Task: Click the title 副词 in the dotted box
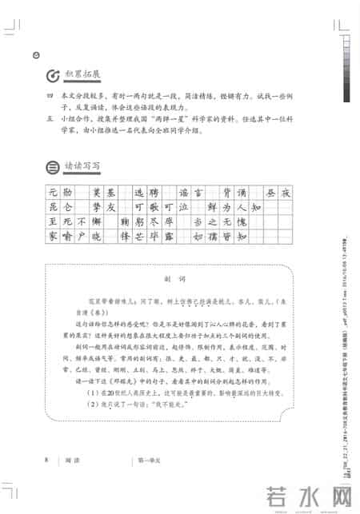point(180,279)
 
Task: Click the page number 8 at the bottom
point(47,460)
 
